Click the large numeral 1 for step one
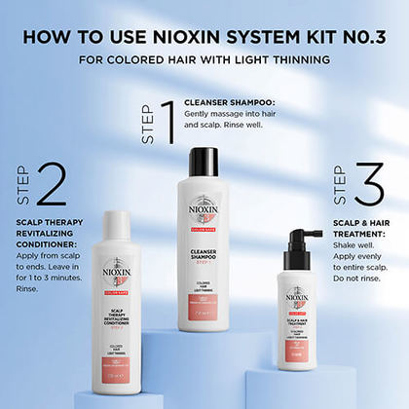pos(167,121)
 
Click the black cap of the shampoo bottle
pos(204,162)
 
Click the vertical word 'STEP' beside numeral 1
pos(148,126)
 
